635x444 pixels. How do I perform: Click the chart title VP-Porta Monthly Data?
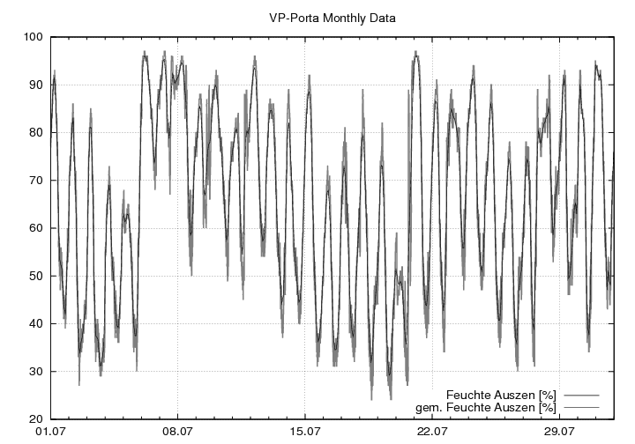(332, 17)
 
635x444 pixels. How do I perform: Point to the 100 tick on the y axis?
(34, 37)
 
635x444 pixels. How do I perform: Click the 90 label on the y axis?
(36, 85)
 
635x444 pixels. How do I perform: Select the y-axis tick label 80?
(36, 132)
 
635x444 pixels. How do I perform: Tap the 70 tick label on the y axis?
(36, 181)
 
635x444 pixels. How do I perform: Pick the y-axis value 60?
(36, 228)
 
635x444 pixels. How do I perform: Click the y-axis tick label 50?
(36, 276)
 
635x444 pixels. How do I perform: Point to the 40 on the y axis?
(36, 323)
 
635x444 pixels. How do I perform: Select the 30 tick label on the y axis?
(36, 371)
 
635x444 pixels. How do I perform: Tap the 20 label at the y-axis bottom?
(36, 418)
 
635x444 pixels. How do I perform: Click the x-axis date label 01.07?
(51, 432)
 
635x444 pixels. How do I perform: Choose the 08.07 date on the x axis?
(177, 432)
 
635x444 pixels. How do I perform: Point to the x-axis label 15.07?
(304, 432)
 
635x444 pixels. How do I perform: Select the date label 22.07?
(431, 432)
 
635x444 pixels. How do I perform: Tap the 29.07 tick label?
(558, 432)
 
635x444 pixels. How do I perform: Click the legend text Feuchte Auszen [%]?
(501, 394)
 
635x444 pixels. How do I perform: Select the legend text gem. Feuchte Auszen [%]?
(486, 407)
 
